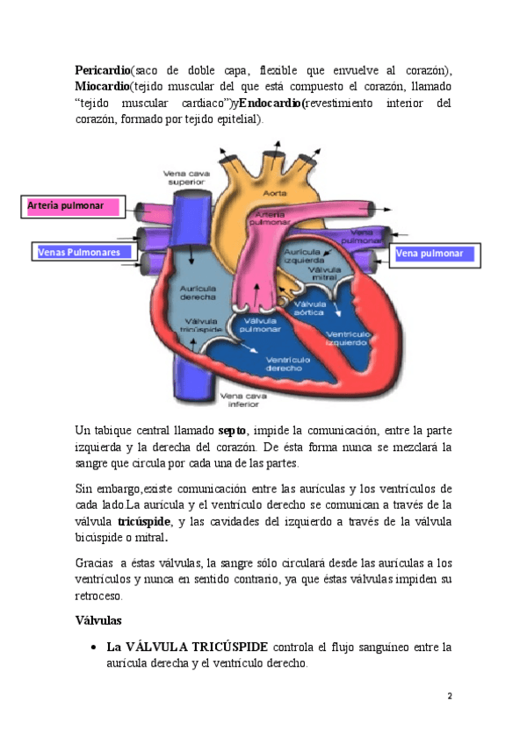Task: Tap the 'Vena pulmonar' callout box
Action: (x=433, y=254)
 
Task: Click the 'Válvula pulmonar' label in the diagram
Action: (x=260, y=325)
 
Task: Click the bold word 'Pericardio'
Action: (x=102, y=69)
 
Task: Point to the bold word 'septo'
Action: (x=231, y=431)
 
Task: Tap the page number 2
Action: (x=450, y=696)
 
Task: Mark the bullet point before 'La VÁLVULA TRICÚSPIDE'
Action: (x=93, y=647)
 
